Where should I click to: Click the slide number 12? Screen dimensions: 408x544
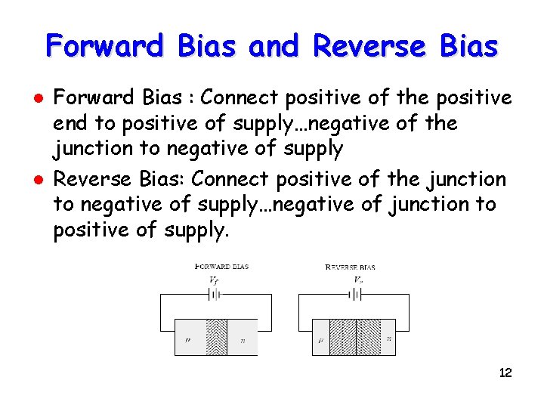(x=505, y=372)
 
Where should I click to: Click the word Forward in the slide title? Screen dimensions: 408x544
(x=104, y=47)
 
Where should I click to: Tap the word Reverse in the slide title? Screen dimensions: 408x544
(x=369, y=47)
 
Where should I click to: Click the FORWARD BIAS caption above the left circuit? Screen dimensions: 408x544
(x=221, y=267)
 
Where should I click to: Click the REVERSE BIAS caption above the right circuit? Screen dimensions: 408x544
(x=350, y=267)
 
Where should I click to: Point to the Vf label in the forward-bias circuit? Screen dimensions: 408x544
(x=214, y=280)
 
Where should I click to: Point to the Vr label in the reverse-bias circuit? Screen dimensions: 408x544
(x=358, y=280)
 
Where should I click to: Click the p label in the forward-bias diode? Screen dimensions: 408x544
(x=188, y=340)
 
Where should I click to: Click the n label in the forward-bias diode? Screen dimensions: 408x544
(x=243, y=340)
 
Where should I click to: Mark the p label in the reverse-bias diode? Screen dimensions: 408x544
(x=320, y=341)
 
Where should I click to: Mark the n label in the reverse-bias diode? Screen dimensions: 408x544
(x=389, y=339)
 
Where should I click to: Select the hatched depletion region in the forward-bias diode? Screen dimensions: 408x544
(x=216, y=337)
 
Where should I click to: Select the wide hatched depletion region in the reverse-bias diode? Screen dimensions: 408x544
(x=355, y=337)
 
